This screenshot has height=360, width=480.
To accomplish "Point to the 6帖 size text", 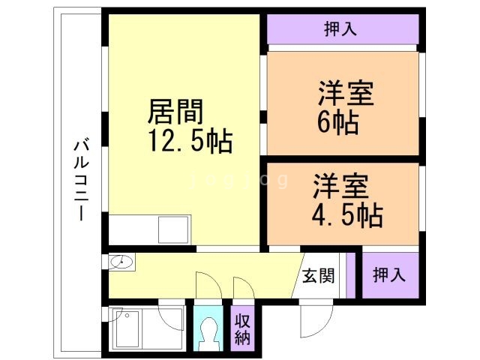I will [337, 121].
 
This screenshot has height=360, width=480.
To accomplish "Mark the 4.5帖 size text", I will [346, 214].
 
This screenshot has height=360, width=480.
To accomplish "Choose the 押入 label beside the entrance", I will [389, 274].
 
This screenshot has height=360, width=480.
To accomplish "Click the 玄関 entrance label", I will [319, 274].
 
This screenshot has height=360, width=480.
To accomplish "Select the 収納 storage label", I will [242, 327].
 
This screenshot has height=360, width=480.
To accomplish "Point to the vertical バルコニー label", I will [79, 178].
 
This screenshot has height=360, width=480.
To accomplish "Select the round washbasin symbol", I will [121, 262].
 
